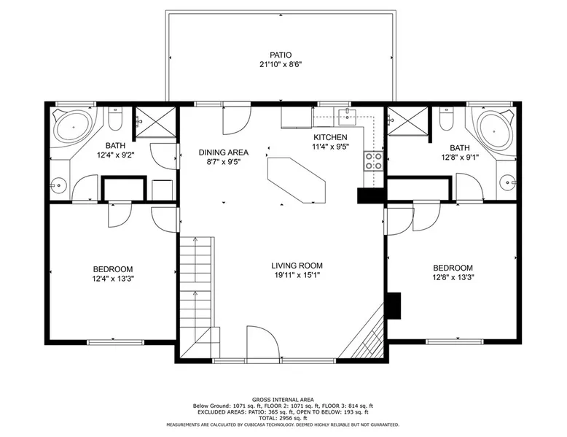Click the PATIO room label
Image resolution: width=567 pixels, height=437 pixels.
pos(281,55)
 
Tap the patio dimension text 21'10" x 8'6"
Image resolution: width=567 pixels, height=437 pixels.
pos(281,65)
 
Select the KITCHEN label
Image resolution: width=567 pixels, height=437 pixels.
pos(330,137)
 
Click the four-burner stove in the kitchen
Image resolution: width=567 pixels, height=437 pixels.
pos(373,161)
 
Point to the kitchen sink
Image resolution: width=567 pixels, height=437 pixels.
pos(347,116)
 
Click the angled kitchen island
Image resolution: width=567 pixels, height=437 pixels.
pos(297,180)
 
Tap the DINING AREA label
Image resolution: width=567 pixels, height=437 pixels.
pos(224,152)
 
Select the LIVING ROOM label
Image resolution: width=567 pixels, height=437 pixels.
pos(297,266)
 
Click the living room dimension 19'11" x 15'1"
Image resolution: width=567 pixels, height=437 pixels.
pos(297,275)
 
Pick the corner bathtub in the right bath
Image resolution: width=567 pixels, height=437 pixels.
pos(494,128)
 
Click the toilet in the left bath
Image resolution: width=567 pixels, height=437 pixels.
pos(116,119)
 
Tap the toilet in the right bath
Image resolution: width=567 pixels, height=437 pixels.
pos(446,119)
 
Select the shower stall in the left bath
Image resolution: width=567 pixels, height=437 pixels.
pos(155,122)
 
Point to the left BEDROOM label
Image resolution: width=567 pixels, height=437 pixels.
pos(113,269)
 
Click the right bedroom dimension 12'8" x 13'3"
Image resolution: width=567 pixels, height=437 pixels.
pos(453,277)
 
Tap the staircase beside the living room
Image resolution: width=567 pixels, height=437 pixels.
pos(195,297)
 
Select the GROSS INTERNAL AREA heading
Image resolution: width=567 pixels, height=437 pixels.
pos(283,400)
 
